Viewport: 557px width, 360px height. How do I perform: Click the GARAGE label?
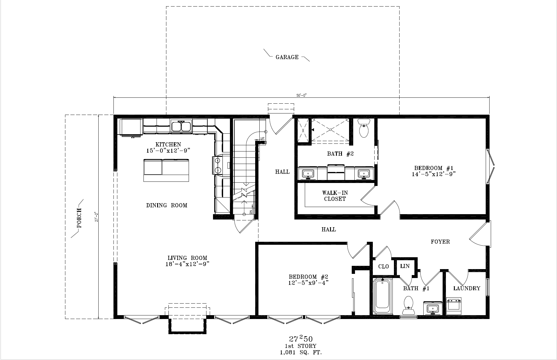(x=287, y=57)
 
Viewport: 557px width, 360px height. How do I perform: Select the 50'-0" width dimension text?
(x=301, y=95)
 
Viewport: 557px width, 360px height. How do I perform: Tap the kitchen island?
(x=166, y=170)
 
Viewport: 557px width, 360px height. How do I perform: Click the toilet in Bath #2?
(x=364, y=128)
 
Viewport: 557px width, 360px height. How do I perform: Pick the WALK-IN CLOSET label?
(x=335, y=196)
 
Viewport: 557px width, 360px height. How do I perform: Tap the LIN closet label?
(x=405, y=266)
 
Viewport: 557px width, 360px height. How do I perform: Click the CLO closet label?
(x=383, y=266)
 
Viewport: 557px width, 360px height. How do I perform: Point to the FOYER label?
(x=440, y=242)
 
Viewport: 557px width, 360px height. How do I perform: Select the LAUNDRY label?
(x=467, y=288)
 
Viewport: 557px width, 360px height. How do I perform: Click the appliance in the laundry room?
(x=454, y=306)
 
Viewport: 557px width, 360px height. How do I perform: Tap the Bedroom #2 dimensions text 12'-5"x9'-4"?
(x=308, y=282)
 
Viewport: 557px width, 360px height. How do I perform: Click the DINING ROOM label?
(x=167, y=205)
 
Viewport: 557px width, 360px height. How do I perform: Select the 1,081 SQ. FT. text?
(x=301, y=353)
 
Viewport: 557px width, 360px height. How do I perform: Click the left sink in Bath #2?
(x=308, y=173)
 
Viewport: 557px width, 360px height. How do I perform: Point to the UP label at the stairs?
(x=262, y=138)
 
